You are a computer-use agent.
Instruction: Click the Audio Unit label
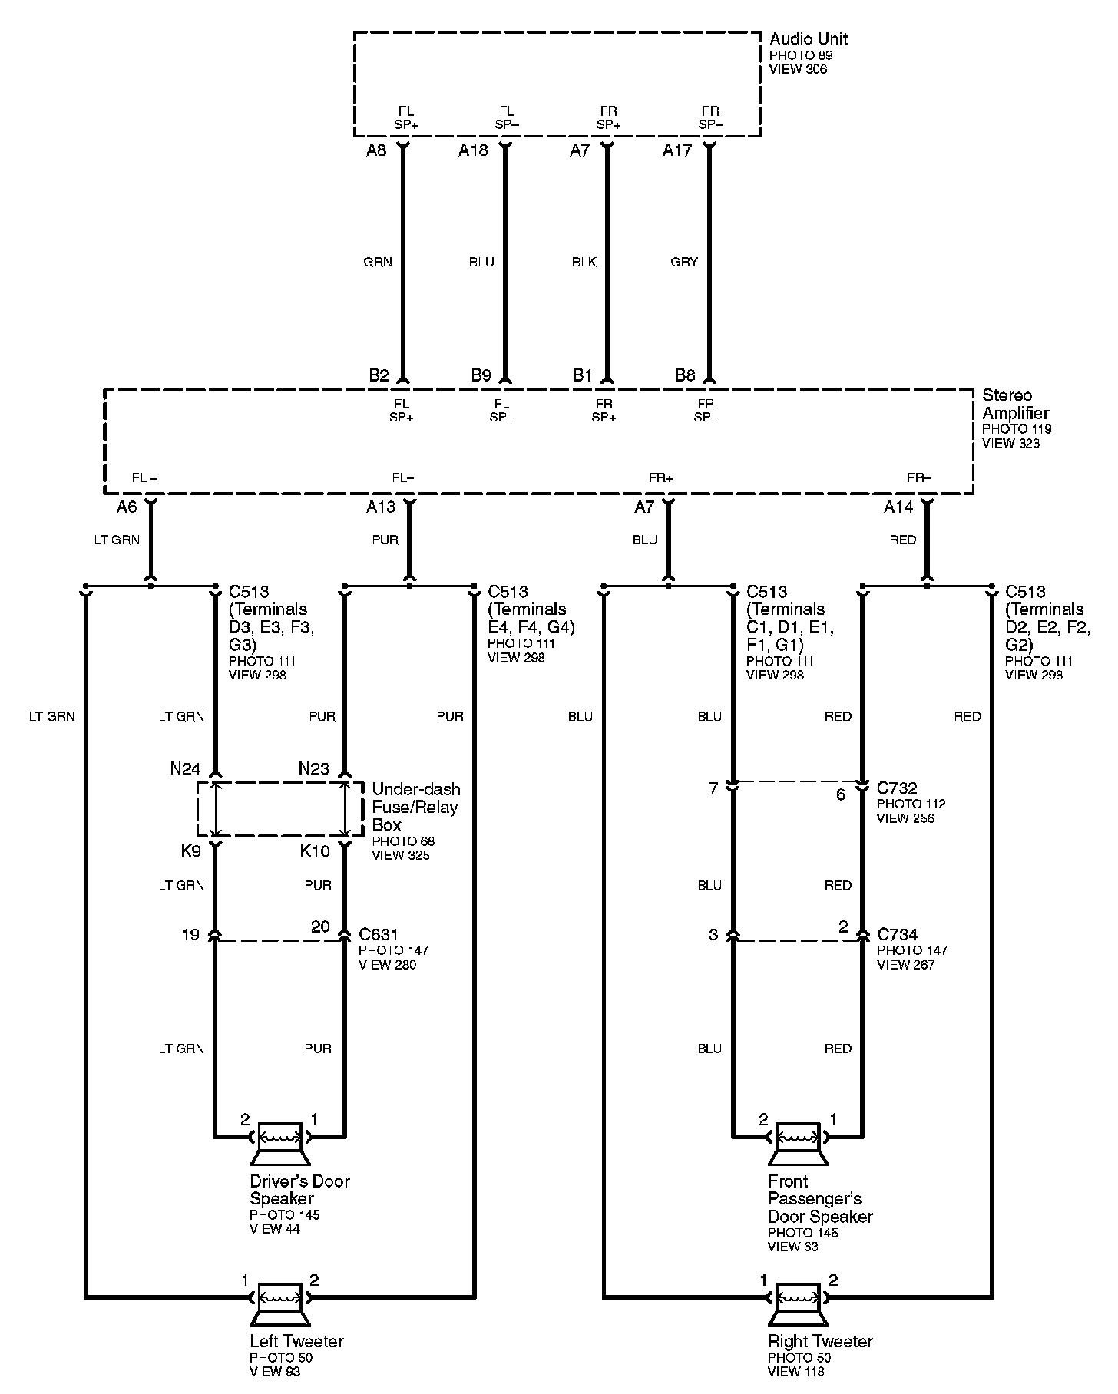pos(808,39)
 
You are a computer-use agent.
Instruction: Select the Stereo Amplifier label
pos(1015,404)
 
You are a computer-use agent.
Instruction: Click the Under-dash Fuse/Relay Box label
pos(415,807)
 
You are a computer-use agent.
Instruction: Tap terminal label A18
pos(473,150)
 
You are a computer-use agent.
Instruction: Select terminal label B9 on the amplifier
pos(481,375)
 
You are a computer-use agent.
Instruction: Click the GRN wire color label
pos(378,263)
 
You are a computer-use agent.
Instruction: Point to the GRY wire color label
pos(684,263)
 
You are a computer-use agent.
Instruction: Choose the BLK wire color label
pos(584,263)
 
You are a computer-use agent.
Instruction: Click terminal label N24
pos(185,768)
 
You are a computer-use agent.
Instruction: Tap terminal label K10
pos(315,851)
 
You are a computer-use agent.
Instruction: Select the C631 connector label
pos(379,935)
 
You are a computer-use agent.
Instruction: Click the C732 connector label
pos(897,788)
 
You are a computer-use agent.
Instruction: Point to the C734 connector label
pos(897,935)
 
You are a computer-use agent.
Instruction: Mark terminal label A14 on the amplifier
pos(898,507)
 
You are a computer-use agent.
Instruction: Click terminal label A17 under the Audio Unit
pos(677,150)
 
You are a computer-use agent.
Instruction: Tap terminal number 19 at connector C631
pos(190,935)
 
